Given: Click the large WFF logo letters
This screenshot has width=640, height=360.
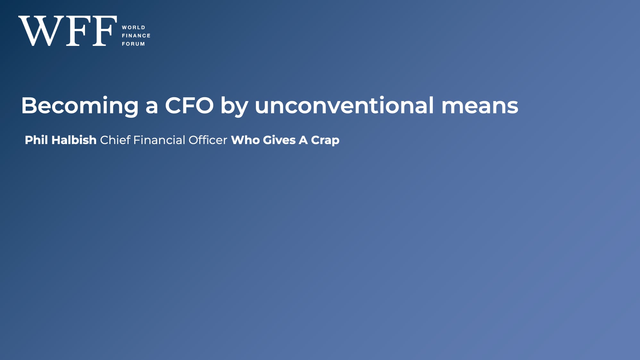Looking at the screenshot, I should pyautogui.click(x=68, y=31).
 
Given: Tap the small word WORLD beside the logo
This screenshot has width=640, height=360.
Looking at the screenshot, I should pyautogui.click(x=133, y=28).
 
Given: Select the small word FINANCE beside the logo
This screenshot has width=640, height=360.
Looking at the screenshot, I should pyautogui.click(x=136, y=36).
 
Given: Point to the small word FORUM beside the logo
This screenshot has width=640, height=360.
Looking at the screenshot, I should pyautogui.click(x=133, y=44).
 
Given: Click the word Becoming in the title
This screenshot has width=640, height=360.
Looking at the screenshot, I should pyautogui.click(x=80, y=106).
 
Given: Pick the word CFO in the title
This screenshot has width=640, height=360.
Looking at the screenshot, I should pyautogui.click(x=189, y=105).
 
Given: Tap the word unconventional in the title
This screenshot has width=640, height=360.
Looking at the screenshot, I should pyautogui.click(x=344, y=105).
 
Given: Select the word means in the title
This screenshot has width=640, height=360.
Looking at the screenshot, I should pyautogui.click(x=480, y=106).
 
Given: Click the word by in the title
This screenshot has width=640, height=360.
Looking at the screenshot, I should pyautogui.click(x=234, y=106).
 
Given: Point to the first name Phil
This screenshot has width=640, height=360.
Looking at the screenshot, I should pyautogui.click(x=36, y=140).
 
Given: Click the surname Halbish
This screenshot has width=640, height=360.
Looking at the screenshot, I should pyautogui.click(x=74, y=140).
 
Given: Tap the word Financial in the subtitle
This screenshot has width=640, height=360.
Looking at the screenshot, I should pyautogui.click(x=159, y=140).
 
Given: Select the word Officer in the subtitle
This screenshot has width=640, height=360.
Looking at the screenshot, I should pyautogui.click(x=208, y=140).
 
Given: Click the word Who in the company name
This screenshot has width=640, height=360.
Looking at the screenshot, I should pyautogui.click(x=245, y=140).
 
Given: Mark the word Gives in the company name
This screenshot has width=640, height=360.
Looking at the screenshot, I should pyautogui.click(x=279, y=140).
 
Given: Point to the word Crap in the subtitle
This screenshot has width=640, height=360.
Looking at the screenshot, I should pyautogui.click(x=325, y=141).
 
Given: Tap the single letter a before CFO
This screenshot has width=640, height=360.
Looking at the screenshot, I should pyautogui.click(x=152, y=107).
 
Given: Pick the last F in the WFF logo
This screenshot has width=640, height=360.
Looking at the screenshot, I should pyautogui.click(x=104, y=31).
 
